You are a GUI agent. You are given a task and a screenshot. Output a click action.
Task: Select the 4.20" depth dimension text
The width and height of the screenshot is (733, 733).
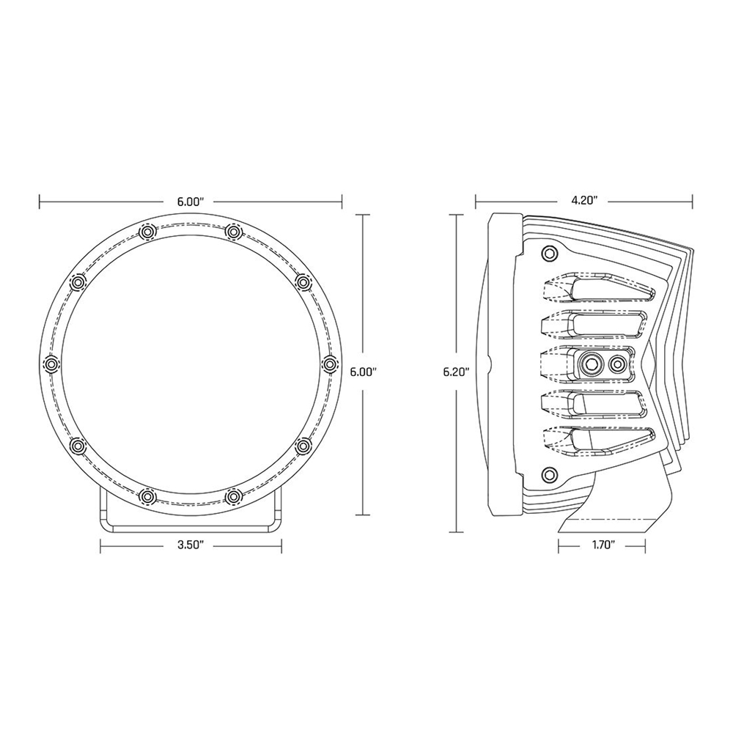coord(585,199)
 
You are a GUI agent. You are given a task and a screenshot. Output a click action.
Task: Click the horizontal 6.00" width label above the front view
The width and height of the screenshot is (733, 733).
coord(191,199)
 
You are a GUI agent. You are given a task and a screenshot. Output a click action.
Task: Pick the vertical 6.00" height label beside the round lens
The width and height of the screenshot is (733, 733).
coord(364,372)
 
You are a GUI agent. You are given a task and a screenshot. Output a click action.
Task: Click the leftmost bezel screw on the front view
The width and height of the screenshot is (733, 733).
coord(51,364)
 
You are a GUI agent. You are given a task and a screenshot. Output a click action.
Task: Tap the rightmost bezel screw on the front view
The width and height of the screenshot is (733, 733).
coord(329,364)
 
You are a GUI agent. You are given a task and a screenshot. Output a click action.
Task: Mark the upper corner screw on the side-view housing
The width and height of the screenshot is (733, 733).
coord(548,254)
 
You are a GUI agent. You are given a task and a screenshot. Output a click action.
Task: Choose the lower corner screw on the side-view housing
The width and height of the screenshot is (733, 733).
coord(548,473)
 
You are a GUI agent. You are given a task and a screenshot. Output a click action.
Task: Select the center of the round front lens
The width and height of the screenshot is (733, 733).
coord(191,364)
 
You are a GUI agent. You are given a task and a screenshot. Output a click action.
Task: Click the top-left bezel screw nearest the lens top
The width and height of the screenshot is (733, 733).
coord(147,232)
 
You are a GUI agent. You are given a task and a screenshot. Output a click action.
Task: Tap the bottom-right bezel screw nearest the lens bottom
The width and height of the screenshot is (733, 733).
coord(233,497)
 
